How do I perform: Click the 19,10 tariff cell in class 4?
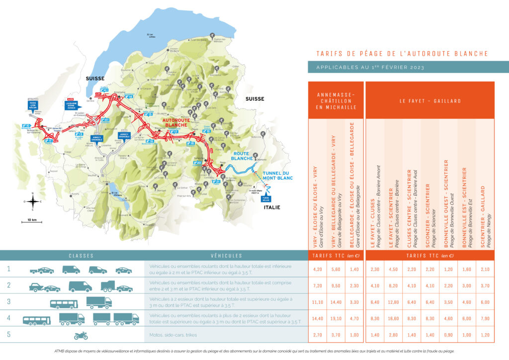(337, 319)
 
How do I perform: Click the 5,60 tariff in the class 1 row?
(337, 270)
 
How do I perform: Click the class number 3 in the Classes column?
(8, 302)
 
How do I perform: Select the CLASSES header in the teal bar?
(81, 256)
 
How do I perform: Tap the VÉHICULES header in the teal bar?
(226, 256)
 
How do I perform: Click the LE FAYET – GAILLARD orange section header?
(430, 100)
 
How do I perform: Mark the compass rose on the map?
(33, 201)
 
